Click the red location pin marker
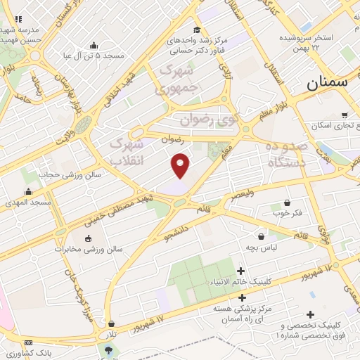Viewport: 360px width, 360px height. (181, 165)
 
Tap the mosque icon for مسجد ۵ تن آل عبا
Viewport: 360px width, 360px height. (94, 46)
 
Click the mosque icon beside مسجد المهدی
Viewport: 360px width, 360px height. (28, 192)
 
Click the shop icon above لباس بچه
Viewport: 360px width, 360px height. (262, 237)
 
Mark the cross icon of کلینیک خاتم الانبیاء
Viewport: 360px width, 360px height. (241, 271)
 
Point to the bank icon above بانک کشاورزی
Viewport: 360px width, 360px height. (28, 342)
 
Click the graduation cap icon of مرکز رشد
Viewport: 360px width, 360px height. (198, 30)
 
